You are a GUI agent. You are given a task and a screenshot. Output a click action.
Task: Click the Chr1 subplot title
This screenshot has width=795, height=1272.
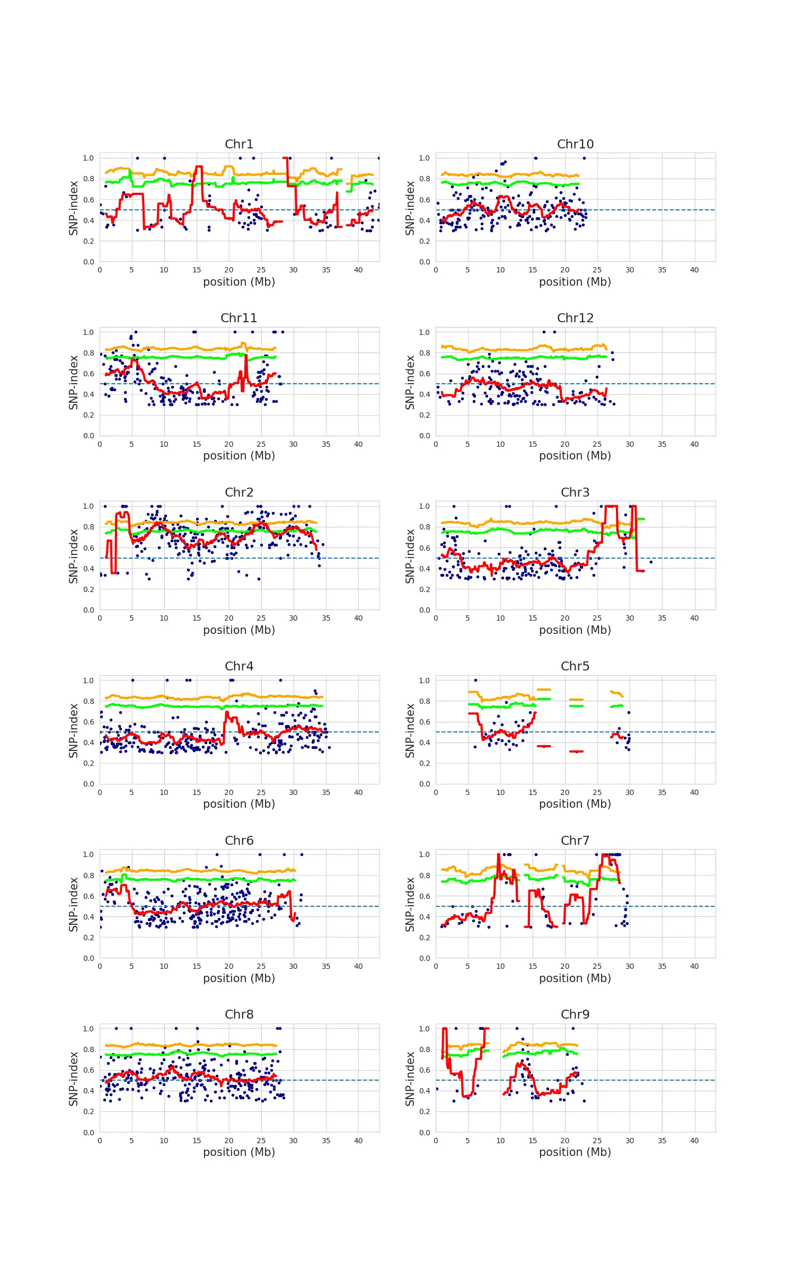[x=239, y=144]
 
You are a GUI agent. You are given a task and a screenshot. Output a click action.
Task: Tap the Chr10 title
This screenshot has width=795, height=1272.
[x=575, y=144]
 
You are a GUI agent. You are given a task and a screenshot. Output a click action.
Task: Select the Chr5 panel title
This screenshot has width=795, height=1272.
[x=575, y=666]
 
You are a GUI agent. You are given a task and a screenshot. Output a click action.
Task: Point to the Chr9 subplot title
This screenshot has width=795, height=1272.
[x=575, y=1014]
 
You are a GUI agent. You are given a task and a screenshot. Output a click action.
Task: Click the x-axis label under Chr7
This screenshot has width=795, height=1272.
[x=575, y=978]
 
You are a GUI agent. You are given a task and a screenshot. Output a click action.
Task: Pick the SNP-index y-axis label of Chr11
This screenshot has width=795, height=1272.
[x=73, y=382]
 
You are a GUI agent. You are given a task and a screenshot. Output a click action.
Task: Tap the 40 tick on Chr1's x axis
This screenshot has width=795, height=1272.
[x=358, y=270]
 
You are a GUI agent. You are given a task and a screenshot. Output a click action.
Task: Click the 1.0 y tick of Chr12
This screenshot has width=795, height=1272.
[x=425, y=332]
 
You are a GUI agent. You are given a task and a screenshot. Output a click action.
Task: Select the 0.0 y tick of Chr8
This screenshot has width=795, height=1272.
[x=89, y=1133]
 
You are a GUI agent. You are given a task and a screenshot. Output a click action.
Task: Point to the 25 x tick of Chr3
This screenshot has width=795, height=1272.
[x=597, y=618]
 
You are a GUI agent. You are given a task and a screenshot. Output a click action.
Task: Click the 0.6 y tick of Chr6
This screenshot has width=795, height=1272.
[x=89, y=896]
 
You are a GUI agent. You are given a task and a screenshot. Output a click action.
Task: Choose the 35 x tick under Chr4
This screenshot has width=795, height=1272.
[x=326, y=792]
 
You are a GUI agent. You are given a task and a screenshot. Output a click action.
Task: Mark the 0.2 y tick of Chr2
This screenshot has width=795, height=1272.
[x=89, y=589]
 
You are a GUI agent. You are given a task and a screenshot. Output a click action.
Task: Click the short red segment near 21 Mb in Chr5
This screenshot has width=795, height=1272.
[x=576, y=751]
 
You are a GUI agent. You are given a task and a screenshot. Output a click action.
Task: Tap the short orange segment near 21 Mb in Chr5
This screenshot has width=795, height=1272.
[x=576, y=700]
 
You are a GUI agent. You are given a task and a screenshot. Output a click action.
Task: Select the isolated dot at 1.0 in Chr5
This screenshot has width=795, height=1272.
[x=475, y=680]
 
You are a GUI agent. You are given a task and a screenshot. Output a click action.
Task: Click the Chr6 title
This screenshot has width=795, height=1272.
[x=239, y=841]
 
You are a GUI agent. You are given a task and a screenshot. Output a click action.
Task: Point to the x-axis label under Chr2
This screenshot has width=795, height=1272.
[x=239, y=630]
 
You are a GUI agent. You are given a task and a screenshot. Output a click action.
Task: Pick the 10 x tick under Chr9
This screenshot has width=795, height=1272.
[x=500, y=1141]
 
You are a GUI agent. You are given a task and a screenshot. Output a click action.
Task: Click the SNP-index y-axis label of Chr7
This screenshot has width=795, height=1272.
[x=410, y=904]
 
